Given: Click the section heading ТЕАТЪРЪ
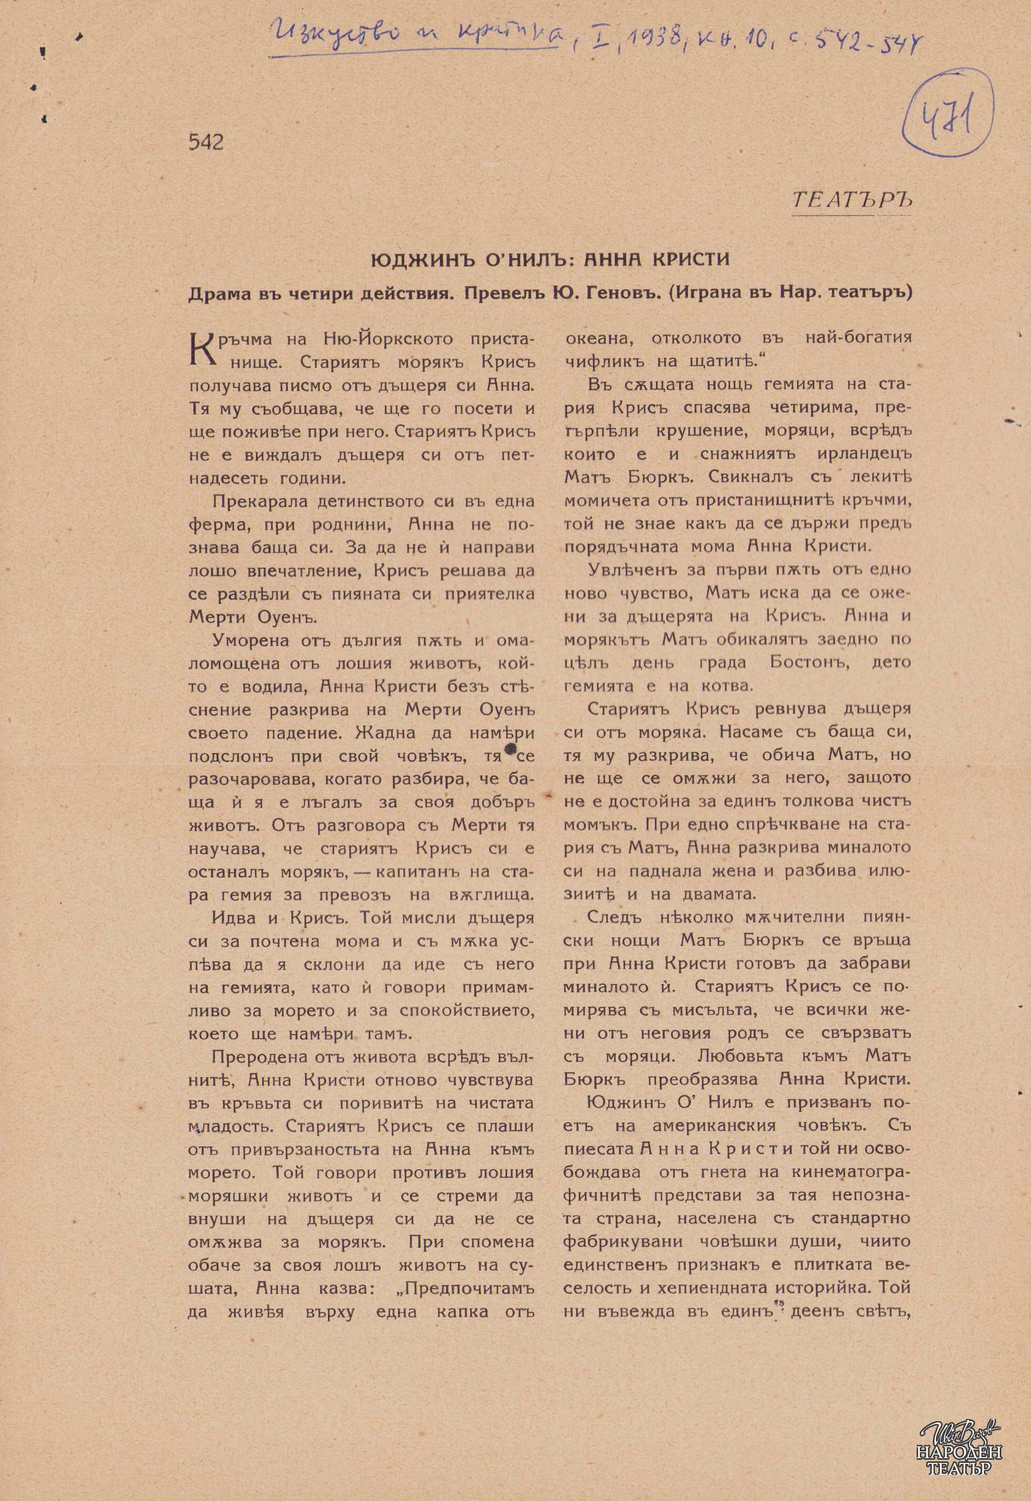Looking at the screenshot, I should [x=851, y=199].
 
